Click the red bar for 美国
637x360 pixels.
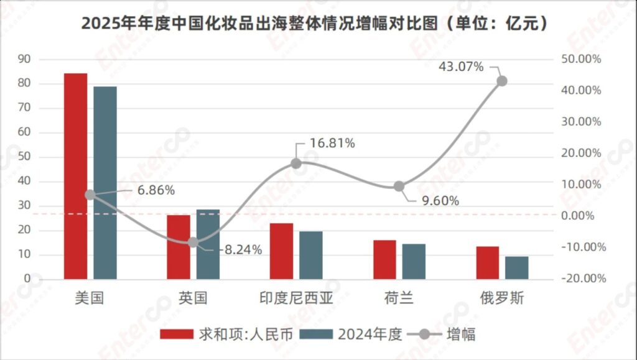click(x=76, y=177)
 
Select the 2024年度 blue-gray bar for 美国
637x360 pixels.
click(x=105, y=183)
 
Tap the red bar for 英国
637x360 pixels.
click(x=179, y=247)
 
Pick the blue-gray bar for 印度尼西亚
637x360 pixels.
click(x=311, y=255)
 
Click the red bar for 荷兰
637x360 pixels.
click(x=384, y=259)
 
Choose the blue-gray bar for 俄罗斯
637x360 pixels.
click(x=516, y=267)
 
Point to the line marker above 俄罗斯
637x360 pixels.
click(x=502, y=81)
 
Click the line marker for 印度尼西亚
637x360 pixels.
click(x=296, y=164)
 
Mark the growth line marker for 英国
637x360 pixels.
click(x=193, y=242)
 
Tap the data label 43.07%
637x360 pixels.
click(x=461, y=67)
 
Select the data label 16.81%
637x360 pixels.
click(x=332, y=144)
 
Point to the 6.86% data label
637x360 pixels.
click(x=152, y=190)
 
